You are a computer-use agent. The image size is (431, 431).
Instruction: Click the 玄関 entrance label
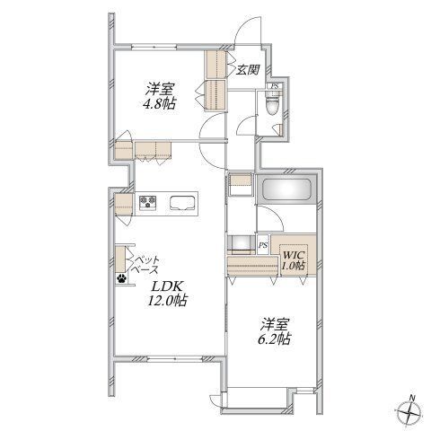247,70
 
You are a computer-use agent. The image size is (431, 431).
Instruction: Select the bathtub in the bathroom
286,189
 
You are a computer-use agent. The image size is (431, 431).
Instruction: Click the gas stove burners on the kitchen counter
148,202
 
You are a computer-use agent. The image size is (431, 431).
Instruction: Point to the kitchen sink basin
182,203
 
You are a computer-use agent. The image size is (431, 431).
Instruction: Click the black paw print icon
121,278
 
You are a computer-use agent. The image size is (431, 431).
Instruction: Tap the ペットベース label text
145,264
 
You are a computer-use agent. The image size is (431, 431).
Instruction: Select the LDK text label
167,286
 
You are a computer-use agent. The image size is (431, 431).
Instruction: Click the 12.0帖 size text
167,301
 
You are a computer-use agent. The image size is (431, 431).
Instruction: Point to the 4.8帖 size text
160,103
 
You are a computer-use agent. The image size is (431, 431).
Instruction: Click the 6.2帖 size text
274,339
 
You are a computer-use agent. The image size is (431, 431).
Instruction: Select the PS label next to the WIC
263,245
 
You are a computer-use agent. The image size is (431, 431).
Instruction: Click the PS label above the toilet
275,86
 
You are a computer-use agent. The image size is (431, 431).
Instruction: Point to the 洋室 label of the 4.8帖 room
159,89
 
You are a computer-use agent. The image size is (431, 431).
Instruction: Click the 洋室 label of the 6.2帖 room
275,324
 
